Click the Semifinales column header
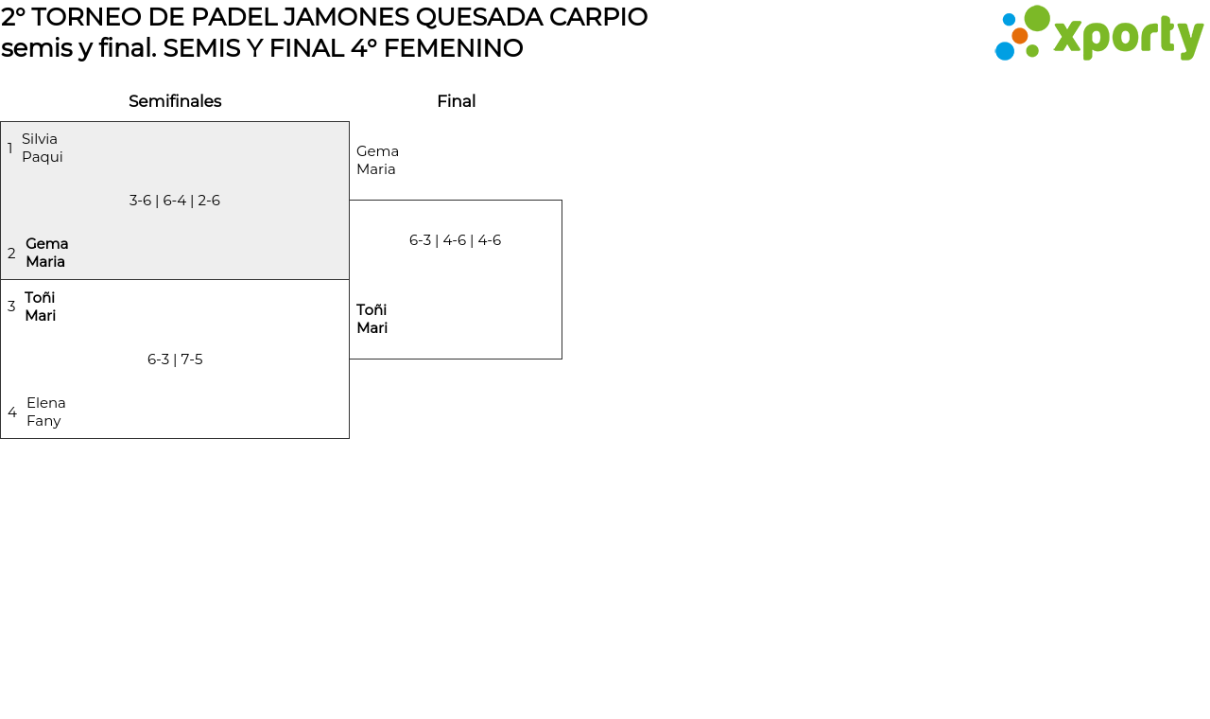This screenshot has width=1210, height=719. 175,101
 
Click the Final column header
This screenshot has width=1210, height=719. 456,101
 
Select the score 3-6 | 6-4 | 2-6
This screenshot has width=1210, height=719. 175,201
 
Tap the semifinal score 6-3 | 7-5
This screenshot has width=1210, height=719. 175,359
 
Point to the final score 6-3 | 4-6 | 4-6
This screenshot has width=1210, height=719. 455,240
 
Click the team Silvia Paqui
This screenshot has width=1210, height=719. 43,148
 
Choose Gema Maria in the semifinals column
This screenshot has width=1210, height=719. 46,253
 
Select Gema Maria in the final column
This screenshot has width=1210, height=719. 377,160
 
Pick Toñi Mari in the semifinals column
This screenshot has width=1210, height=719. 40,307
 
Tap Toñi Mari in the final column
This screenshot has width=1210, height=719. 372,319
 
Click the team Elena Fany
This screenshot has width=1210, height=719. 45,412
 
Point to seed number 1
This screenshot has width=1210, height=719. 10,149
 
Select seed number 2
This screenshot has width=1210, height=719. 11,254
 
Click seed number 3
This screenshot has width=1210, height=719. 11,307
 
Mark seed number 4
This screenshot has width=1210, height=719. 12,412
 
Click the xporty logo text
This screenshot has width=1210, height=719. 1128,37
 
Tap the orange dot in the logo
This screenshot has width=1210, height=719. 1019,36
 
